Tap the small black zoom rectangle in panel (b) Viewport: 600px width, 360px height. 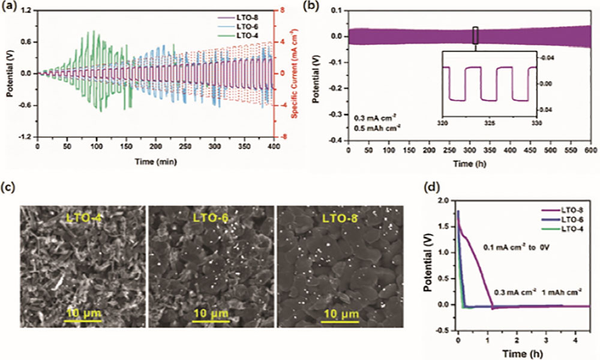click(x=475, y=35)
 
